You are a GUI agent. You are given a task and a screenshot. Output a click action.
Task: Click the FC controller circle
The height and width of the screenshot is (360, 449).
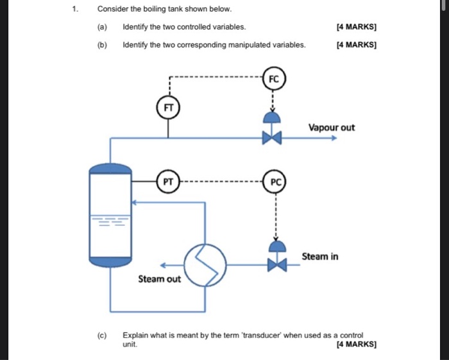(274, 80)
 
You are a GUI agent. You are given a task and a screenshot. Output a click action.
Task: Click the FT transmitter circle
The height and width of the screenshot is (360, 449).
(169, 107)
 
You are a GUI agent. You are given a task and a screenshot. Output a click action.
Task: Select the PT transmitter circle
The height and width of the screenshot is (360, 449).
(168, 182)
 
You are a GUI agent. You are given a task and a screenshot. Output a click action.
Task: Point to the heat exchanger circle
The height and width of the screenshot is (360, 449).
(205, 264)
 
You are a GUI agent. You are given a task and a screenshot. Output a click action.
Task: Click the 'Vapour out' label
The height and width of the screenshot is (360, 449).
(331, 127)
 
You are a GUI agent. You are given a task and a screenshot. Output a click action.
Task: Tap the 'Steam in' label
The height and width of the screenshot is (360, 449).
(320, 257)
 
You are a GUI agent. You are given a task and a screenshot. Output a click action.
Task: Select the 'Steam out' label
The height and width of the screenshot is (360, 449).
(159, 279)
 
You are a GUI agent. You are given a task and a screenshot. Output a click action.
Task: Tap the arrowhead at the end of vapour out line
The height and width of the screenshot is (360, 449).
(334, 137)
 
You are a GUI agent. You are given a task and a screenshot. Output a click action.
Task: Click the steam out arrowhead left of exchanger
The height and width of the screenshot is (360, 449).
(163, 264)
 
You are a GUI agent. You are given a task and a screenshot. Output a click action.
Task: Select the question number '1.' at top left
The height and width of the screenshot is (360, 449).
(75, 10)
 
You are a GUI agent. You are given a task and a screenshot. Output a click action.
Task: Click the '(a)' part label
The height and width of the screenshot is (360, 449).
(103, 27)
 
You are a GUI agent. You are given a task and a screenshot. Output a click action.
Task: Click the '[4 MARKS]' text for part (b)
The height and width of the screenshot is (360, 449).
(356, 45)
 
